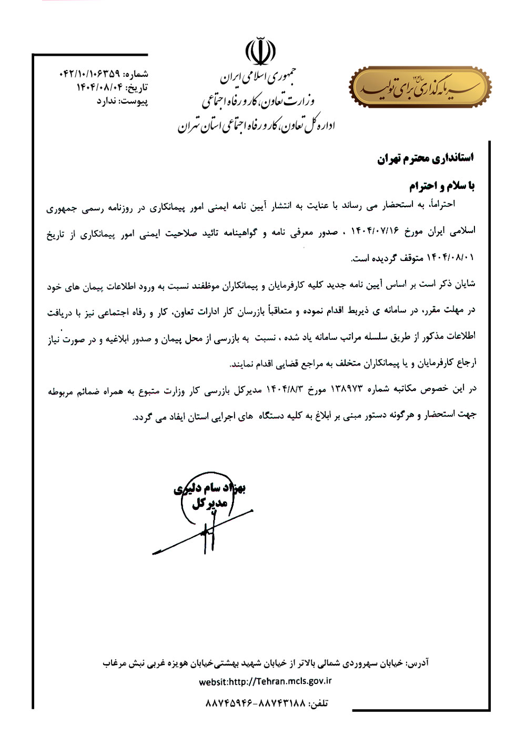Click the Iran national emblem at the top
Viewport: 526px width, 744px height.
pos(260,51)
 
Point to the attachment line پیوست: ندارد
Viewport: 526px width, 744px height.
pos(122,100)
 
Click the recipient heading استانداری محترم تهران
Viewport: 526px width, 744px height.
pos(425,158)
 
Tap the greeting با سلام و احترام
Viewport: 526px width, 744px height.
pos(442,186)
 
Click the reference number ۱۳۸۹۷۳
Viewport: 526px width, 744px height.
pos(345,389)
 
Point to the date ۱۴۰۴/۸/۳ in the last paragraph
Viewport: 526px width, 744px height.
pos(285,389)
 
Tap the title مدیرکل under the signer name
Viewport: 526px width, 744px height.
pos(209,504)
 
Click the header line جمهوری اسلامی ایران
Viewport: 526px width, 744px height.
pos(258,78)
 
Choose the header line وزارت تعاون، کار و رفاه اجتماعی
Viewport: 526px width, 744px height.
pos(258,100)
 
